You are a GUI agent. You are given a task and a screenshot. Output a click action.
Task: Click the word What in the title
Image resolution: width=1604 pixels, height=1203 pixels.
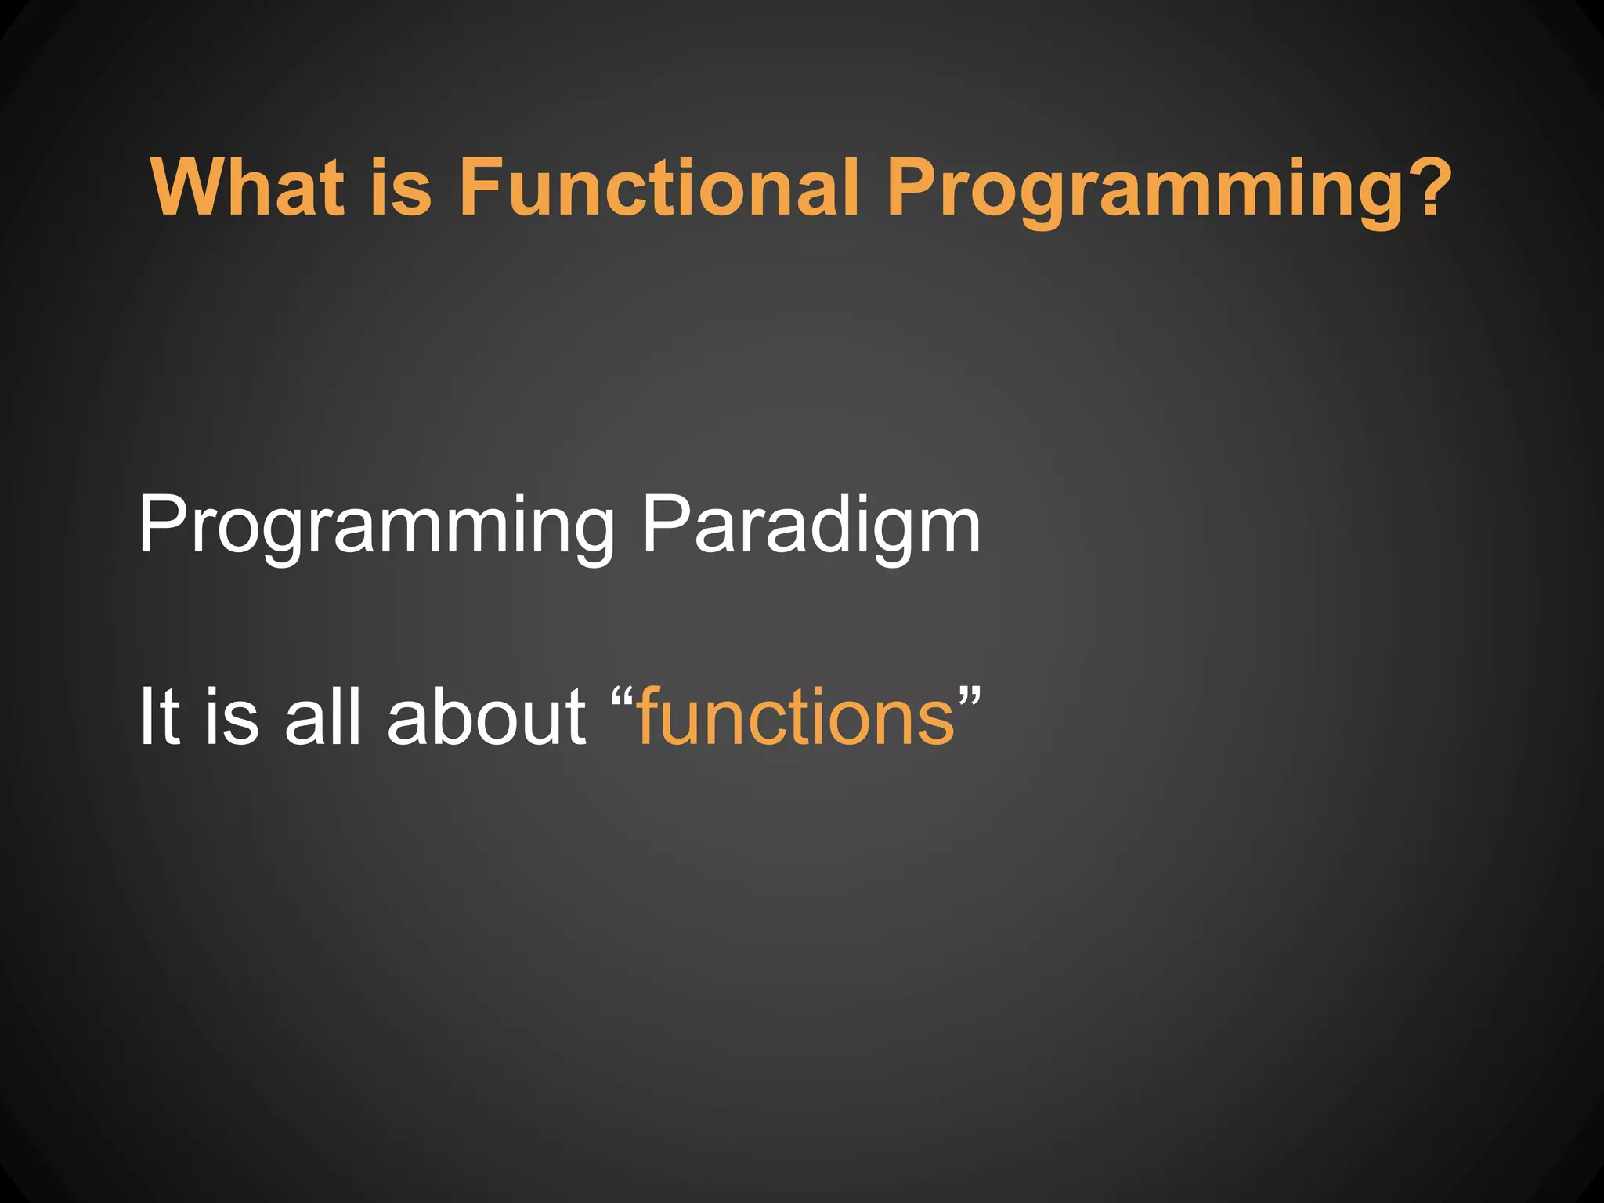pyautogui.click(x=247, y=188)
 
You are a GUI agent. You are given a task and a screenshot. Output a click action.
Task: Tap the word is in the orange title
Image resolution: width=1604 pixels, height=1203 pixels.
pyautogui.click(x=400, y=188)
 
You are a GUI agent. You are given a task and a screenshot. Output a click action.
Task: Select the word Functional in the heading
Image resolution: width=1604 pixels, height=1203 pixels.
pyautogui.click(x=658, y=188)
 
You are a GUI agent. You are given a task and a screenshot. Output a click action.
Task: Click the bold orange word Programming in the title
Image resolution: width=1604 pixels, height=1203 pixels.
pyautogui.click(x=1128, y=192)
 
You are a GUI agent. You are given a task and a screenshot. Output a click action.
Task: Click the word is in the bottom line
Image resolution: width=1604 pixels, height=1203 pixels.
pyautogui.click(x=232, y=717)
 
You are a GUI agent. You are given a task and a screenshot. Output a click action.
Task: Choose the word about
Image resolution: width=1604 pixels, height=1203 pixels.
pyautogui.click(x=486, y=717)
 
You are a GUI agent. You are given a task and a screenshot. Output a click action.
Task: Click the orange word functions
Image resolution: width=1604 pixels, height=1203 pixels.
pyautogui.click(x=796, y=717)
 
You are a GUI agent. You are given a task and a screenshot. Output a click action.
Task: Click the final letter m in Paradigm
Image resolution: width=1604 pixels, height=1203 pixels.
pyautogui.click(x=948, y=533)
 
